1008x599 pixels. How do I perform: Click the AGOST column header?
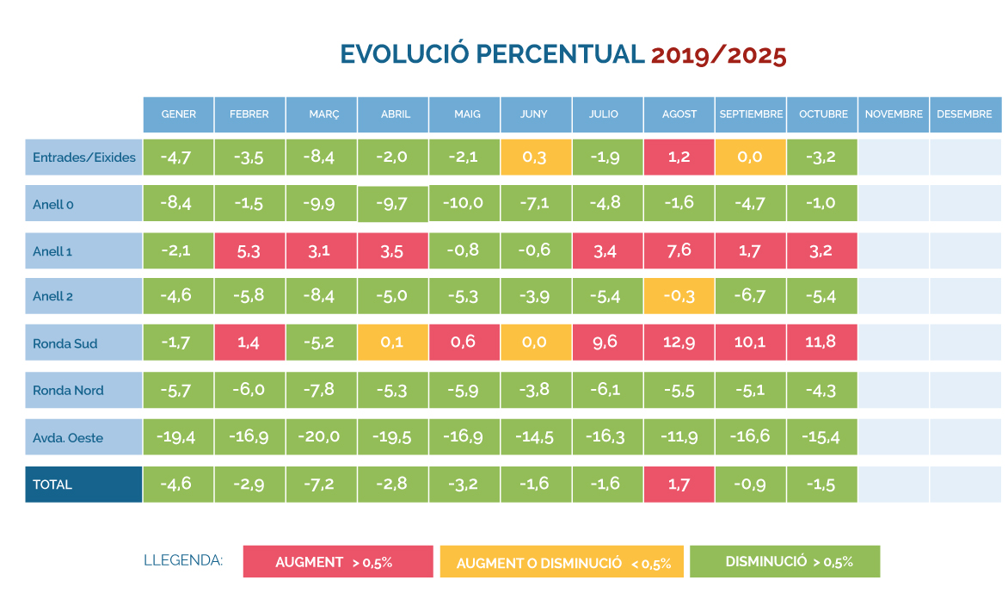pyautogui.click(x=679, y=114)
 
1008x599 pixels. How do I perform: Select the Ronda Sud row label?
pyautogui.click(x=83, y=343)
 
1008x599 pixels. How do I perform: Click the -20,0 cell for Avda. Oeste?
pyautogui.click(x=322, y=437)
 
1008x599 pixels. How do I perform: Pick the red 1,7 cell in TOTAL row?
pyautogui.click(x=679, y=485)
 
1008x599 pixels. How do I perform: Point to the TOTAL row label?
pyautogui.click(x=83, y=485)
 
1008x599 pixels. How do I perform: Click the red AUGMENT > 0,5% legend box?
pyautogui.click(x=338, y=562)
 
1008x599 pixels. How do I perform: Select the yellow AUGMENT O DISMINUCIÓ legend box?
pyautogui.click(x=562, y=563)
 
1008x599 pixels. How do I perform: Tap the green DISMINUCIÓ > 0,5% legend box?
pyautogui.click(x=785, y=561)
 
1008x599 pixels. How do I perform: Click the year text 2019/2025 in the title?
pyautogui.click(x=718, y=54)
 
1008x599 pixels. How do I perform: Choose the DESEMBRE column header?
pyautogui.click(x=965, y=114)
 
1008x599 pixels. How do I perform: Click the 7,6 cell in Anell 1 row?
pyautogui.click(x=679, y=250)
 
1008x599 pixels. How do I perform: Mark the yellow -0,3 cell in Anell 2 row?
pyautogui.click(x=679, y=296)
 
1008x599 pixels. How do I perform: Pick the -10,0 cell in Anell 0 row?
pyautogui.click(x=464, y=203)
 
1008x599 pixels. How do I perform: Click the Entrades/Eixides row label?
pyautogui.click(x=83, y=157)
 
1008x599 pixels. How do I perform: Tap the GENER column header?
pyautogui.click(x=179, y=114)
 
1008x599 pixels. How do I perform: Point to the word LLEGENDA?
pyautogui.click(x=183, y=561)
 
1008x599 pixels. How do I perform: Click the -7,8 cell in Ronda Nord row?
pyautogui.click(x=322, y=390)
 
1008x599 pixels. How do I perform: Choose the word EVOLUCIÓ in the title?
pyautogui.click(x=404, y=54)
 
